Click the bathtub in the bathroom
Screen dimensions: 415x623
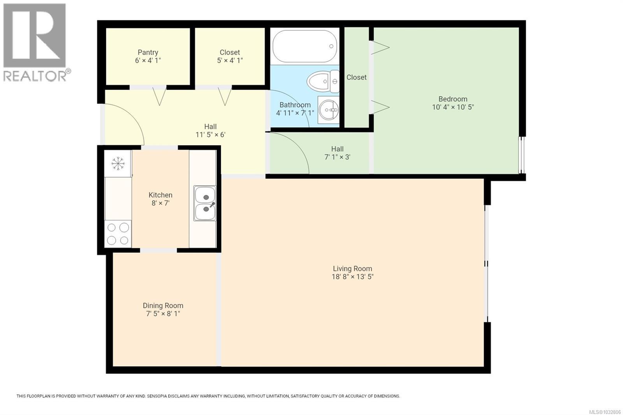[305, 47]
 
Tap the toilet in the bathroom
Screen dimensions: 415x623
[323, 81]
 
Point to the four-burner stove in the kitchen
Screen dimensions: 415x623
[118, 234]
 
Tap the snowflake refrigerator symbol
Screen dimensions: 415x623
[118, 164]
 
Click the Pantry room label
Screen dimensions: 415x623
[148, 52]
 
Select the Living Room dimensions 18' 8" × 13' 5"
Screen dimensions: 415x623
[352, 277]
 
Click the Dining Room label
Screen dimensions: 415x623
[163, 306]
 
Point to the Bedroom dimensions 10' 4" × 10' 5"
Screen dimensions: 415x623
[453, 107]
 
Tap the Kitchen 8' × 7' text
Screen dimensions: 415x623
[160, 199]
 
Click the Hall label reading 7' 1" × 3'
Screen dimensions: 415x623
[337, 153]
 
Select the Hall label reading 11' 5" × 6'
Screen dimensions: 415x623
[210, 131]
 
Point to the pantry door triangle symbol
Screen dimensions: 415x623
[159, 96]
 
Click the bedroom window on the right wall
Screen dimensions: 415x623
[522, 155]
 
